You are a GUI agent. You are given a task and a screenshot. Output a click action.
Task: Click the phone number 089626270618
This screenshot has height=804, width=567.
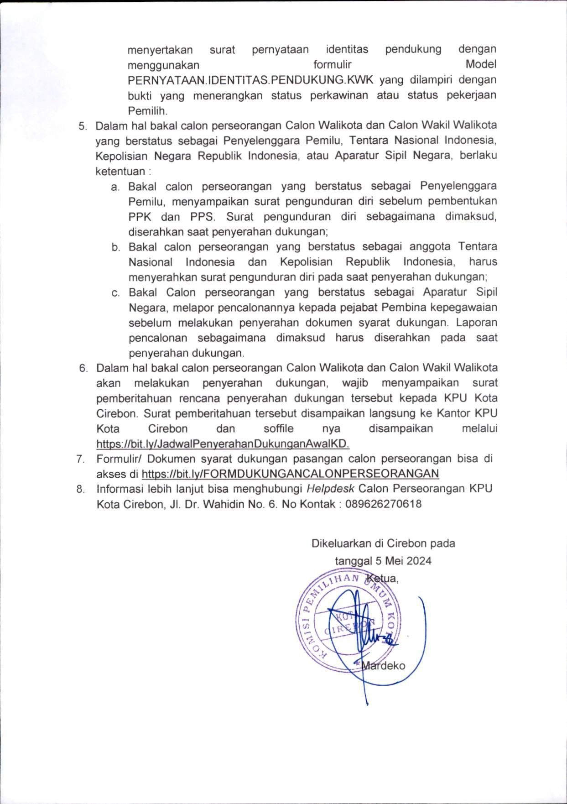(x=383, y=504)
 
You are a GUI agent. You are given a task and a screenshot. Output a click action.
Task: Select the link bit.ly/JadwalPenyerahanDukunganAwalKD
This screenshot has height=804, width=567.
(x=223, y=444)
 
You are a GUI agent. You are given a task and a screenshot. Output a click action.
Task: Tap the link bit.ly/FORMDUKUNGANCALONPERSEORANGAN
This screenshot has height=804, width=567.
(x=290, y=474)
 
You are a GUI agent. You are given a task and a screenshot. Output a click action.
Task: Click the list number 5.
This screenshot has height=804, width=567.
(x=82, y=126)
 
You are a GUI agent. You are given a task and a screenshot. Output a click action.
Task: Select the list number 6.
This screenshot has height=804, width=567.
(x=83, y=368)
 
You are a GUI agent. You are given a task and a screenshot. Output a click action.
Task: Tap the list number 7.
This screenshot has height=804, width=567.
(x=81, y=459)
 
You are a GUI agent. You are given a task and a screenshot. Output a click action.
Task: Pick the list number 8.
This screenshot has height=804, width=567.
(x=81, y=489)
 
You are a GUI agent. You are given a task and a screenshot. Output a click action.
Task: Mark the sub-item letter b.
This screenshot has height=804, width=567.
(x=115, y=247)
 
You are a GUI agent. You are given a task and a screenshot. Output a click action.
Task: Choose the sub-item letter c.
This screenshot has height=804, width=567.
(x=115, y=293)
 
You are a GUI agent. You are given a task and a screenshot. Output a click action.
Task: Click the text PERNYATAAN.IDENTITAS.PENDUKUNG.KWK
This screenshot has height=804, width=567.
(x=250, y=80)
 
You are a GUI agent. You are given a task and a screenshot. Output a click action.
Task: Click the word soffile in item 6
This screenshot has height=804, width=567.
(x=279, y=429)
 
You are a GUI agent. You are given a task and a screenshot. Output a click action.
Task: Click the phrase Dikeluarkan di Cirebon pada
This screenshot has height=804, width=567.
(x=383, y=543)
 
